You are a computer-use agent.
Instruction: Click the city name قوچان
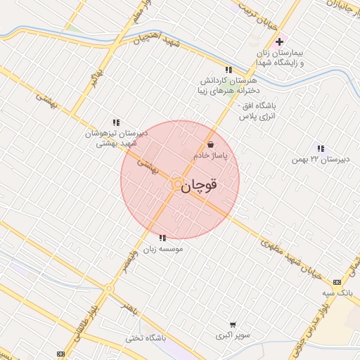click(199, 186)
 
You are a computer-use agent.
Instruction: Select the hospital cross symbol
click(279, 42)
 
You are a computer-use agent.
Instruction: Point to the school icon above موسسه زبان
click(163, 238)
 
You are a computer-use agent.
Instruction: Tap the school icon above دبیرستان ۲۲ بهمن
click(321, 148)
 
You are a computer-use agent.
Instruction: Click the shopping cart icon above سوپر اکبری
click(233, 324)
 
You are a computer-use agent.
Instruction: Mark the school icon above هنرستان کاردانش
click(228, 70)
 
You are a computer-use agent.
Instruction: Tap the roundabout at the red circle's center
click(176, 184)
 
